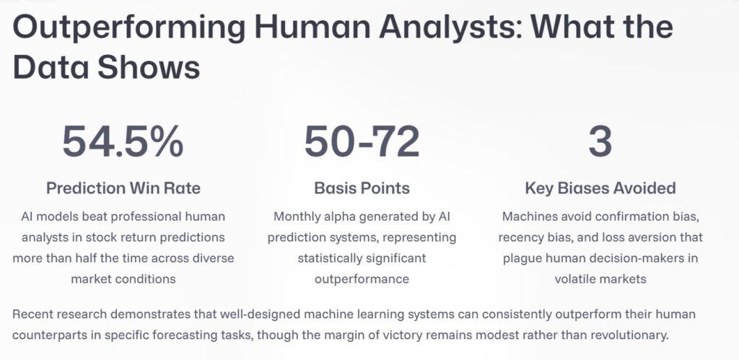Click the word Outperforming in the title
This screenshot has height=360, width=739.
pos(124,27)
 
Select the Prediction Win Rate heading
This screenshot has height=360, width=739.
pos(123,188)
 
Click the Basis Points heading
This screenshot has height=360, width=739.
pos(362,188)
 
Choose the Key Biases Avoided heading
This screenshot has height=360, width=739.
pos(600,188)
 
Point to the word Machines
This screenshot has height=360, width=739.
pos(528,216)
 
